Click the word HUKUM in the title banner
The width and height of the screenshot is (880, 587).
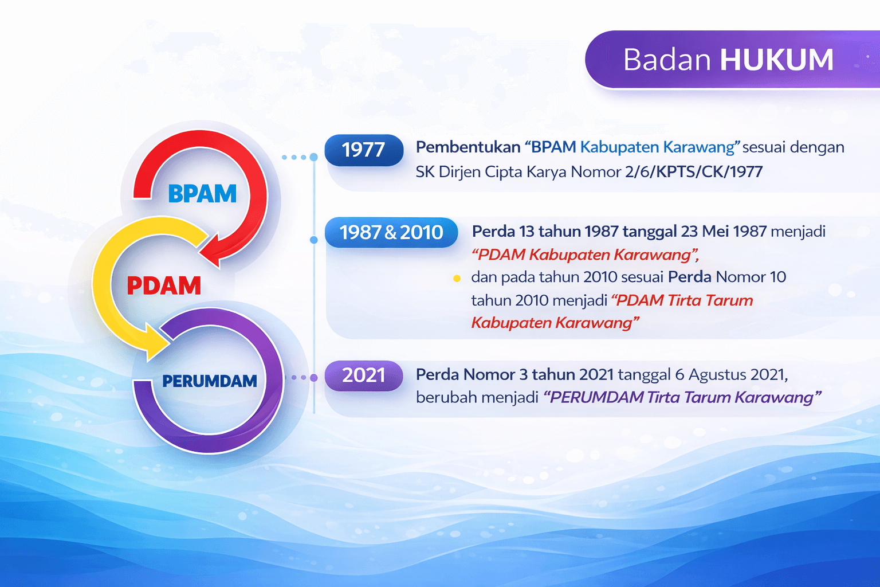coord(776,60)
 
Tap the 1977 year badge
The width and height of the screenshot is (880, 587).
coord(363,150)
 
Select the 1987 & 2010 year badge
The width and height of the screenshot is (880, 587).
coord(391,232)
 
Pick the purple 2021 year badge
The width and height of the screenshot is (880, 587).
coord(363,375)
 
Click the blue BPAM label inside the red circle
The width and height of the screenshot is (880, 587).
coord(202,194)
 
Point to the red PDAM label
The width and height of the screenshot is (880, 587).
coord(164,285)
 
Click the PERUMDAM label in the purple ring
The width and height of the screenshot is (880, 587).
coord(209,381)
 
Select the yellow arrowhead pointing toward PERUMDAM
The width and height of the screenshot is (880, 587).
coord(157,342)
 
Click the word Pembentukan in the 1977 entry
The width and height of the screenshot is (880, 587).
coord(467,147)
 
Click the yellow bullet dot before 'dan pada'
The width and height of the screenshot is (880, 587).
coord(457,279)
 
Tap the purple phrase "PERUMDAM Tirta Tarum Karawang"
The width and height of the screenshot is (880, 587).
coord(682,397)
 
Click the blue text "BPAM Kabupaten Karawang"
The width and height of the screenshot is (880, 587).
coord(632,147)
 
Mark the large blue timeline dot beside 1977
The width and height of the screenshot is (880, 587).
coord(313,157)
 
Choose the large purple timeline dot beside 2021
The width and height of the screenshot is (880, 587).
coord(313,378)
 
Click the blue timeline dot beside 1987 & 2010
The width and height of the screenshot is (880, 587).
coord(313,240)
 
